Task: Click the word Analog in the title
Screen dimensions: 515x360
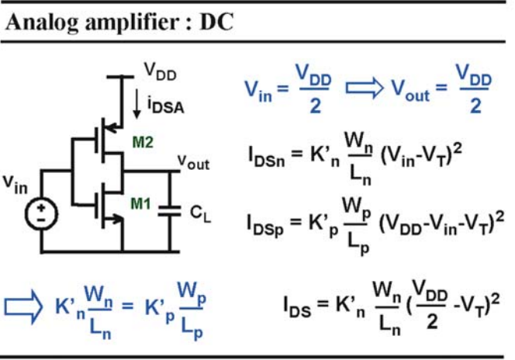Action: (42, 23)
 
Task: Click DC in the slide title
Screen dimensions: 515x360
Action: (216, 22)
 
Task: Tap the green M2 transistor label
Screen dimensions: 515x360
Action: (143, 142)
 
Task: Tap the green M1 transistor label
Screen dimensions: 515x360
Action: (140, 203)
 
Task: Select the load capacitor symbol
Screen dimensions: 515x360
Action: (170, 211)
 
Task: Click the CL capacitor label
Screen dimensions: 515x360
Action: (200, 214)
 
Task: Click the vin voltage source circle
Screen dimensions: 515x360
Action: (41, 214)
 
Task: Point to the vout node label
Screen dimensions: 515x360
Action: (193, 162)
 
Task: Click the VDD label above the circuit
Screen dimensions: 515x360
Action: (161, 71)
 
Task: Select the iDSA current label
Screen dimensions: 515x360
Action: (165, 106)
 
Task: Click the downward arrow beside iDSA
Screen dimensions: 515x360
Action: (137, 103)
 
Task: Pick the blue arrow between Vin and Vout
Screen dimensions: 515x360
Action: (365, 88)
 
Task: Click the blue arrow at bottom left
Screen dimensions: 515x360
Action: (23, 307)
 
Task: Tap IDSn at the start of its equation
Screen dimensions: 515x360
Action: (266, 157)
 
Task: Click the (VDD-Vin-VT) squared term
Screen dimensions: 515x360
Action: (441, 223)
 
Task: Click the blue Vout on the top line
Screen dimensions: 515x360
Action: (410, 90)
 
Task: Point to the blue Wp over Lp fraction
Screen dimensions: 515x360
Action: (192, 310)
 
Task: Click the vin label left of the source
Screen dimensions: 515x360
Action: (15, 185)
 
